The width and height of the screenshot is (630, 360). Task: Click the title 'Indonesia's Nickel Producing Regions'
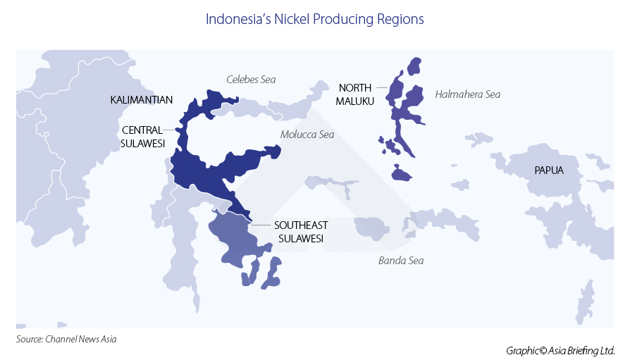(314, 19)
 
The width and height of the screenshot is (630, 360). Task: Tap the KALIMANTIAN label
(142, 100)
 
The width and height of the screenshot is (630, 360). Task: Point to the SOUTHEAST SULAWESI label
(301, 232)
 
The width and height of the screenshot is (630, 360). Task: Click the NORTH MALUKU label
(355, 94)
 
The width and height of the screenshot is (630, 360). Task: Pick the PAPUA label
(549, 170)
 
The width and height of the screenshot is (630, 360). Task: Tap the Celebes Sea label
(251, 80)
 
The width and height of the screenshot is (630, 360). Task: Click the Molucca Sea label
(307, 134)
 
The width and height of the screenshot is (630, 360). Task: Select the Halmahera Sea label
(468, 94)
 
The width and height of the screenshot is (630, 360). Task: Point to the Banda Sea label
(401, 261)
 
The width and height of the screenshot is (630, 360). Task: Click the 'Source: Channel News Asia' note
(66, 339)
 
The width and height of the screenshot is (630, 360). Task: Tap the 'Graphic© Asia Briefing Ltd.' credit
(560, 350)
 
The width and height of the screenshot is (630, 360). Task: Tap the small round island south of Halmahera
(401, 173)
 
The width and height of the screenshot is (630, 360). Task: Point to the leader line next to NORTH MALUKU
(381, 87)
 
